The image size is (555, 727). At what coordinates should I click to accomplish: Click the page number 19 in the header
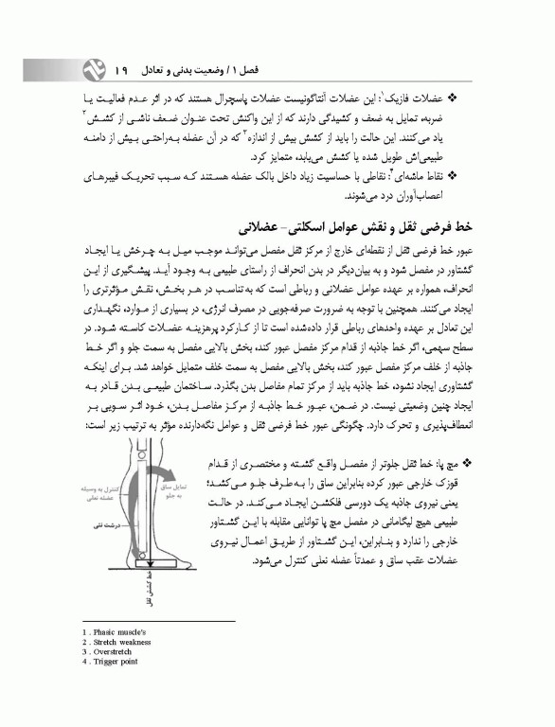[x=121, y=71]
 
